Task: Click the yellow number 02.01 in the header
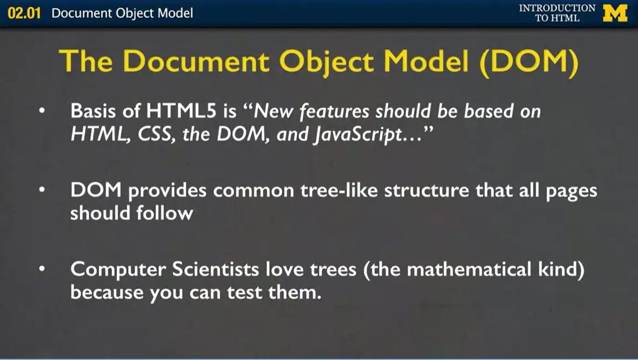(24, 13)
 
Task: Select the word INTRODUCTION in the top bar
(557, 8)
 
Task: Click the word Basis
(95, 112)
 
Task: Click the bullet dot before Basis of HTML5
(43, 112)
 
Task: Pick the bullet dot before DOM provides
(43, 191)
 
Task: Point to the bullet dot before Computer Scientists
(43, 270)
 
